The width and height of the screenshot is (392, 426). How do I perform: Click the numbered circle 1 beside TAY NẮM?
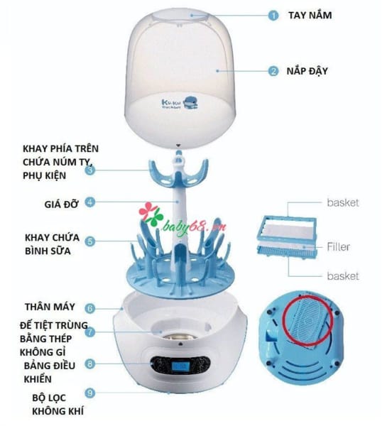273,15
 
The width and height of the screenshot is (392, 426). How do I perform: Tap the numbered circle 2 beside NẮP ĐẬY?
273,71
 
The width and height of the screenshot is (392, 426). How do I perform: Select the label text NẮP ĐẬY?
307,70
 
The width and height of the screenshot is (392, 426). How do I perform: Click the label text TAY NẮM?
310,15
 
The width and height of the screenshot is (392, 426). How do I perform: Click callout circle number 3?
90,170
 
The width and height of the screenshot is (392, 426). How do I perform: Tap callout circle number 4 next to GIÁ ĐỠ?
90,202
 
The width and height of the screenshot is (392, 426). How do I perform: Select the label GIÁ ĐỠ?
61,204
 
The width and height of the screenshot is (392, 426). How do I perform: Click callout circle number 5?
90,241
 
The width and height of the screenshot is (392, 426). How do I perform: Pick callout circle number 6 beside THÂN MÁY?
90,308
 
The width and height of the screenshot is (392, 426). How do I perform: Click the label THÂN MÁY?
50,307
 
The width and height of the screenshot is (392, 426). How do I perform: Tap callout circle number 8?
90,364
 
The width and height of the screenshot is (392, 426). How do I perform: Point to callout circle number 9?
90,393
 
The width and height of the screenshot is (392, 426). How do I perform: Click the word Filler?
338,246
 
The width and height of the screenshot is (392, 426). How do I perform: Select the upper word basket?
343,202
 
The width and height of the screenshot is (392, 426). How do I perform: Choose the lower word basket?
343,275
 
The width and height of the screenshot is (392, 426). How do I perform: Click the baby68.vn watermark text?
195,227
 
